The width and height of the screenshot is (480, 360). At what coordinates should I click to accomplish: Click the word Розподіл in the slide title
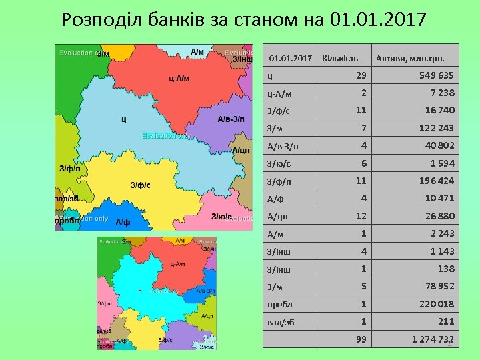point(99,19)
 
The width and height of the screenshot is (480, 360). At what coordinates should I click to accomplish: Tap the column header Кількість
point(340,59)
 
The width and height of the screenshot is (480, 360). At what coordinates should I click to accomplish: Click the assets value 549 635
point(437,75)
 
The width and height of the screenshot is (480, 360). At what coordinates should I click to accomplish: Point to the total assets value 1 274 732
point(433,339)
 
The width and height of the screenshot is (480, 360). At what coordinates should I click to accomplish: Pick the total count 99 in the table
point(361,339)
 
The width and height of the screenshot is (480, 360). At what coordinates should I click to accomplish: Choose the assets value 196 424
point(437,181)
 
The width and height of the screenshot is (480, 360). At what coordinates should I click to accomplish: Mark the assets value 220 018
point(437,304)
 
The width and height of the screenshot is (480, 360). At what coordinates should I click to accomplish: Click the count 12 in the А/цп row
point(361,216)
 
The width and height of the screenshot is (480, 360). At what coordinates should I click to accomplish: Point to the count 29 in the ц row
point(361,75)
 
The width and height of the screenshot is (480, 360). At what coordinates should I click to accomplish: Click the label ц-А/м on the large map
point(179,78)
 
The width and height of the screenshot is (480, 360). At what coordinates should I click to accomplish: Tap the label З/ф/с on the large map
point(140,185)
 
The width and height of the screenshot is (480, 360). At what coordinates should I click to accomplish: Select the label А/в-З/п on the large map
point(231,119)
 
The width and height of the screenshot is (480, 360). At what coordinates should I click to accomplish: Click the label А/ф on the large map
point(123,222)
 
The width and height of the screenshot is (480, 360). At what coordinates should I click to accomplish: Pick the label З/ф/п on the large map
point(70,169)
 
